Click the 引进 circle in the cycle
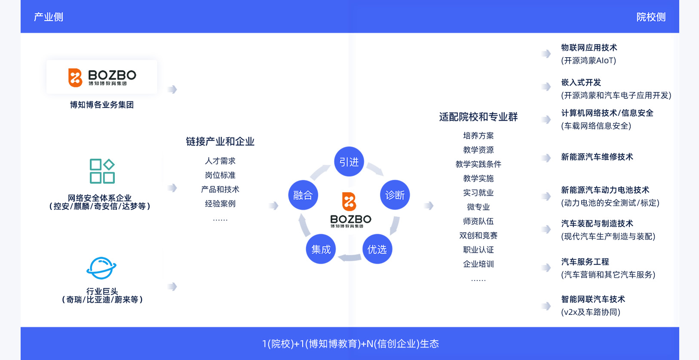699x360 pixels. pyautogui.click(x=349, y=162)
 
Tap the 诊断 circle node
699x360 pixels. pyautogui.click(x=395, y=195)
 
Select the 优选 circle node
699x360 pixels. pyautogui.click(x=377, y=249)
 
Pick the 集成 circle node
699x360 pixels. pyautogui.click(x=321, y=249)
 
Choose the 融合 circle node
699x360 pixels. pyautogui.click(x=303, y=195)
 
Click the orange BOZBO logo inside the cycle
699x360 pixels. pyautogui.click(x=349, y=201)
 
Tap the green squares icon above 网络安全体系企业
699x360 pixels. pyautogui.click(x=102, y=171)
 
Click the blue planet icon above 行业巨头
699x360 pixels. pyautogui.click(x=101, y=268)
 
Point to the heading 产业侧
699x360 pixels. pyautogui.click(x=49, y=17)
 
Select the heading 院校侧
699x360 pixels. pyautogui.click(x=651, y=17)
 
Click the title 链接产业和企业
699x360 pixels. pyautogui.click(x=220, y=142)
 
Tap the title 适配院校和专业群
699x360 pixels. pyautogui.click(x=478, y=117)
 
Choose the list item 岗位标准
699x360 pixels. pyautogui.click(x=220, y=175)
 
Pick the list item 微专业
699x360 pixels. pyautogui.click(x=478, y=207)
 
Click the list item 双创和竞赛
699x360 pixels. pyautogui.click(x=478, y=235)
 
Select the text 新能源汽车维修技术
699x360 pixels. pyautogui.click(x=597, y=157)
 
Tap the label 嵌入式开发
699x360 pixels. pyautogui.click(x=581, y=83)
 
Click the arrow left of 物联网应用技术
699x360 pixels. pyautogui.click(x=546, y=54)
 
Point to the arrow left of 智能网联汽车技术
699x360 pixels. pyautogui.click(x=546, y=306)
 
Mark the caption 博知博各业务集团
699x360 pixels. pyautogui.click(x=102, y=105)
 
